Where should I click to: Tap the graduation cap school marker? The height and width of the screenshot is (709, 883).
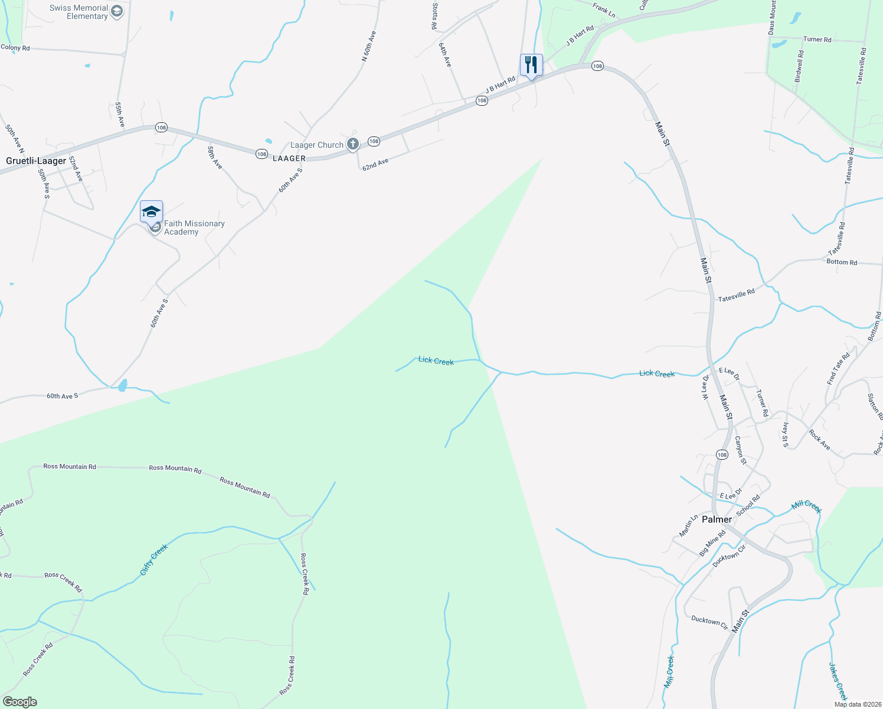[151, 212]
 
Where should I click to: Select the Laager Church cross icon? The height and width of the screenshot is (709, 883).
[352, 144]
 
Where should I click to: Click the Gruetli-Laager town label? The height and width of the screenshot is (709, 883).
[36, 161]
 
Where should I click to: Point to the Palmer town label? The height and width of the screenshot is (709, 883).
[717, 519]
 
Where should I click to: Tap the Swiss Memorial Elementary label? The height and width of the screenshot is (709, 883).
[79, 12]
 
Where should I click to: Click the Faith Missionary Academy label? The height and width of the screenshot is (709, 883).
[194, 227]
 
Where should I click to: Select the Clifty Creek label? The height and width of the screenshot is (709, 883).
[154, 559]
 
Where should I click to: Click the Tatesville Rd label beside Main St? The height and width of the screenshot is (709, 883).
[736, 295]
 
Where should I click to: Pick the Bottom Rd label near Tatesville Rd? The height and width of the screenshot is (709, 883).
[842, 262]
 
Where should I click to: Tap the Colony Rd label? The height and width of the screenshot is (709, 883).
[15, 47]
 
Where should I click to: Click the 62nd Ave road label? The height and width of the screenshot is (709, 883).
[375, 164]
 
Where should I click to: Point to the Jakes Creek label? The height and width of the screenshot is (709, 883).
[838, 681]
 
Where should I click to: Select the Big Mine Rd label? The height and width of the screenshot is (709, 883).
[712, 543]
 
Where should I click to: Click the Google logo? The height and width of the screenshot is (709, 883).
[19, 702]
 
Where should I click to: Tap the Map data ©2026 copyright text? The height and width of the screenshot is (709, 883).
[855, 704]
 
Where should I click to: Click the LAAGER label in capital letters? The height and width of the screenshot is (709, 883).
[289, 158]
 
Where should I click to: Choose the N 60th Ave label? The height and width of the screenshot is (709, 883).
[368, 46]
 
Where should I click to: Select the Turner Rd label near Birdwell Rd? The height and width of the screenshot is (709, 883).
[817, 40]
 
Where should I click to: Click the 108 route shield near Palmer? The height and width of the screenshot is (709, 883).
[722, 454]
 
